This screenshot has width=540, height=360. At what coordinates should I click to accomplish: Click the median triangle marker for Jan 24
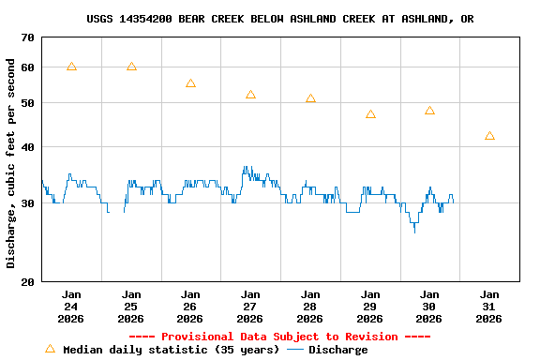click(x=71, y=67)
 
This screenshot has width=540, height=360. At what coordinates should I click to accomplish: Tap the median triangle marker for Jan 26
click(x=190, y=83)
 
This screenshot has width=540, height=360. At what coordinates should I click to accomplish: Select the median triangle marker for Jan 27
click(x=250, y=95)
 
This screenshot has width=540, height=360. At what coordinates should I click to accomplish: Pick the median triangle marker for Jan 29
click(x=370, y=114)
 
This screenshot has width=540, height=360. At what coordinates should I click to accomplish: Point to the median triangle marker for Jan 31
click(x=489, y=136)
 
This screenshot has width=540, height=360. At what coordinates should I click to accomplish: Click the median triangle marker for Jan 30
click(x=429, y=111)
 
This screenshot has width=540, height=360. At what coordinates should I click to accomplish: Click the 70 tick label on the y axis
click(x=26, y=37)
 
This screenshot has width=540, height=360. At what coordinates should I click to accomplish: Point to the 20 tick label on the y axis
click(x=26, y=281)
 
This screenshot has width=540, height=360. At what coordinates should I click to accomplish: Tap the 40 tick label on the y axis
click(x=26, y=147)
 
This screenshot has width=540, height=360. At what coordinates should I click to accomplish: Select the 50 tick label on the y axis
click(x=26, y=102)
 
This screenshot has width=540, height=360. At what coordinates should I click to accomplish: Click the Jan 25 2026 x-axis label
click(x=131, y=306)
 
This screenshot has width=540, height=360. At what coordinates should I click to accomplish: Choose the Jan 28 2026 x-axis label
click(x=310, y=306)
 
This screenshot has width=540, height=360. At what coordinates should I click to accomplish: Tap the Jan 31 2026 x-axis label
click(x=489, y=306)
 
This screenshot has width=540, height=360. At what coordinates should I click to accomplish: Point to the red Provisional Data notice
click(x=279, y=337)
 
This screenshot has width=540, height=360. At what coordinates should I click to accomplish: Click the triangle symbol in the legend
click(x=50, y=349)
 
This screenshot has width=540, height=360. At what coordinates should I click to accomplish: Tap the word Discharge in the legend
click(x=337, y=350)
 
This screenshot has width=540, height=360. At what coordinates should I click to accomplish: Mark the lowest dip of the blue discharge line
click(x=414, y=232)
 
